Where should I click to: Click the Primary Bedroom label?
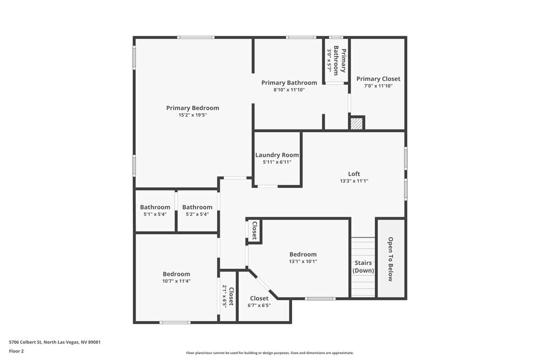point(192,108)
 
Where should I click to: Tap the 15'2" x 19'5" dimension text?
point(192,115)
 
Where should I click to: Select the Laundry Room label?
point(277,155)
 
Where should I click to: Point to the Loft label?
point(354,174)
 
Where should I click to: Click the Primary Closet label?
point(378,79)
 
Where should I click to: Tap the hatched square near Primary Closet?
point(356,124)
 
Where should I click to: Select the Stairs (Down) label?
point(363,267)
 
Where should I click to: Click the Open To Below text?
point(390,259)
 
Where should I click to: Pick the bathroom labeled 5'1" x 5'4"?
point(155,207)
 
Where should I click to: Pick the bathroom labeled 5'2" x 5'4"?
point(197,207)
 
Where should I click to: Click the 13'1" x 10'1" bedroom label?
point(303,255)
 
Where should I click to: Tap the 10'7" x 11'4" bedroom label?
point(177,274)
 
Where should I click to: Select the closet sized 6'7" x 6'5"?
point(259,298)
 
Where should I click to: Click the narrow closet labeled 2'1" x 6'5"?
point(228,296)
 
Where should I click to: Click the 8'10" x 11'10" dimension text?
point(289,90)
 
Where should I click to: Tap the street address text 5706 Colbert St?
point(55,342)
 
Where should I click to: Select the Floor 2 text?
point(16,351)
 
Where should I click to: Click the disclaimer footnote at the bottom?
point(269,353)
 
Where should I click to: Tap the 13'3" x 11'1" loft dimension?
point(354,181)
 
